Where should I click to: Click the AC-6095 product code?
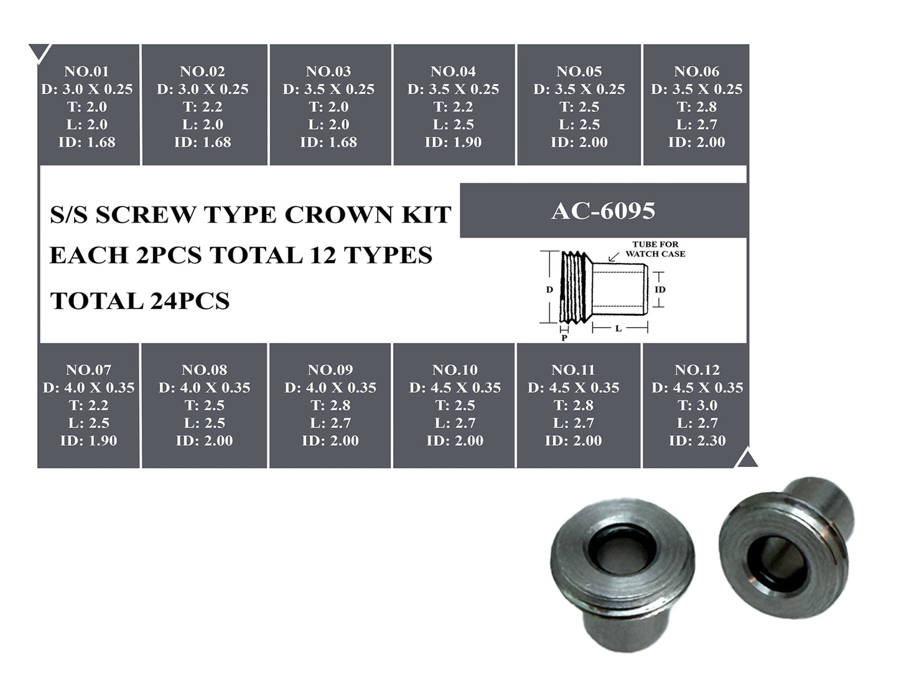tap(603, 211)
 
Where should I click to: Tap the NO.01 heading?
tap(86, 72)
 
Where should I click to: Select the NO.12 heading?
tap(697, 370)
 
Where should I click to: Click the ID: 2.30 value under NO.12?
tap(697, 441)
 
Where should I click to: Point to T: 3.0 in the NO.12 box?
tap(697, 405)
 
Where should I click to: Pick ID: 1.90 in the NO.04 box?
tap(453, 142)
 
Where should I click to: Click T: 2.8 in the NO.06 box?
tap(697, 107)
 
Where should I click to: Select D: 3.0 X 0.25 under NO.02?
tap(203, 90)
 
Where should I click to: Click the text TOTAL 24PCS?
tap(140, 301)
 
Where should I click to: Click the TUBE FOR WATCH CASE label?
tap(655, 249)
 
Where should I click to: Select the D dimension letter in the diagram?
tap(549, 290)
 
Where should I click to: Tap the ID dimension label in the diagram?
tap(660, 290)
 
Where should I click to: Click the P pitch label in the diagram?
tap(564, 338)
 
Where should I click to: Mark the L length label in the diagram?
tap(618, 328)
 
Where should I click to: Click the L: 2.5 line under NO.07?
tap(88, 423)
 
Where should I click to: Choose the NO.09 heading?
tap(330, 370)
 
